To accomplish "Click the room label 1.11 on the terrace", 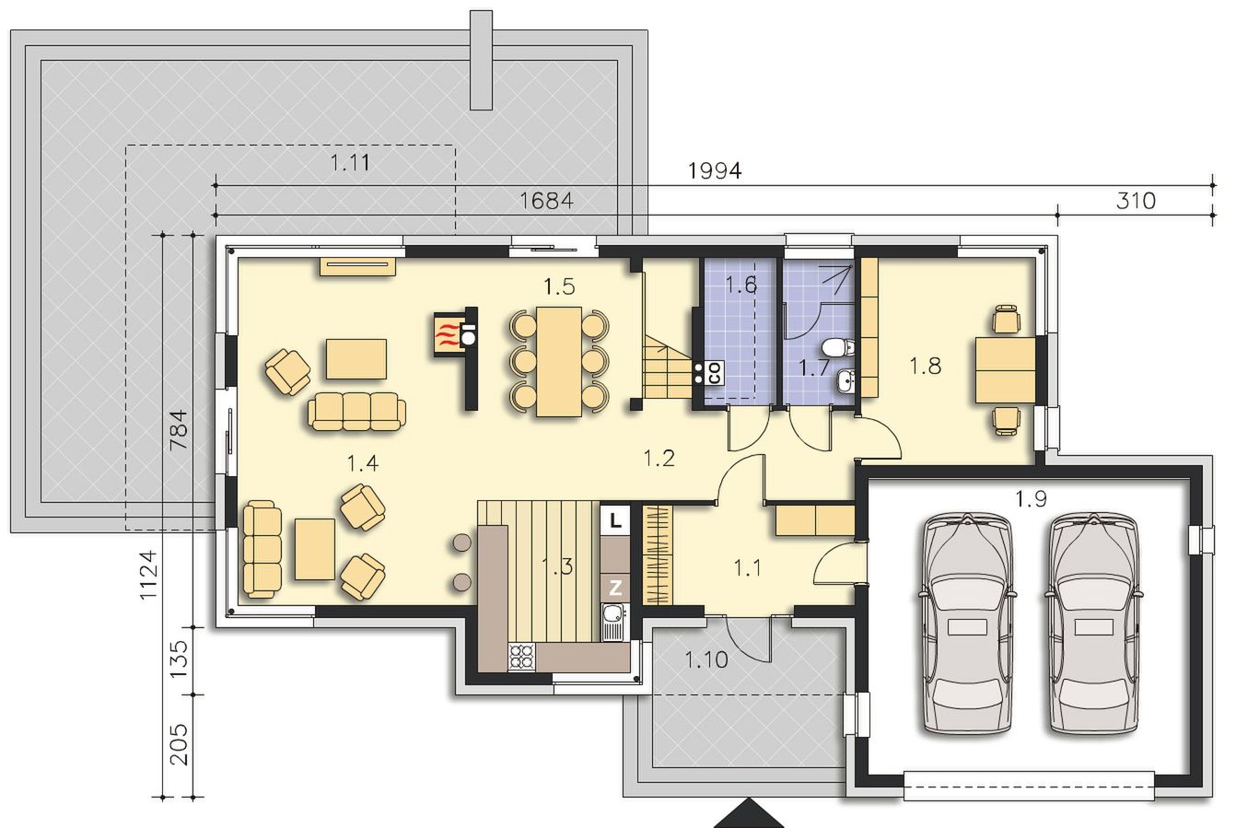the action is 350,163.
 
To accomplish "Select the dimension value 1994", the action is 715,171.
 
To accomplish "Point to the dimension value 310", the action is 1136,201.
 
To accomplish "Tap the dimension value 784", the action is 179,430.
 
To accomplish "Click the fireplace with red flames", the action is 448,332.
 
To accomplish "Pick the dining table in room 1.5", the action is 559,361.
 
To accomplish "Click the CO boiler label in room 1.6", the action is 715,372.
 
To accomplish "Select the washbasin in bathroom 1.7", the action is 845,380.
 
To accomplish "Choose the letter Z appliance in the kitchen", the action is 615,588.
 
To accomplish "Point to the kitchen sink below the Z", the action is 614,622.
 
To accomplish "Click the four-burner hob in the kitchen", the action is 522,658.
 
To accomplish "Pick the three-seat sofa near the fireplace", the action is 356,412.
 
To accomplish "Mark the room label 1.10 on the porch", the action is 706,659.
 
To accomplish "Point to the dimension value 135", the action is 179,659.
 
